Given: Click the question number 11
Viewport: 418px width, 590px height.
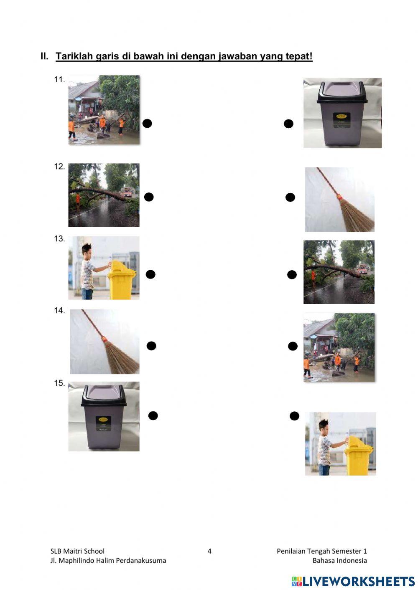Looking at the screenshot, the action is [x=59, y=80].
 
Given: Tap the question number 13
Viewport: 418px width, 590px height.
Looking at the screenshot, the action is [x=59, y=239].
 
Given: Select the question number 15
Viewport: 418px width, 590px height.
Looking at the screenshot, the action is [x=59, y=383].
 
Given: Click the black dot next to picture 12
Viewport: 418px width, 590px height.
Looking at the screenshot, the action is [x=149, y=197].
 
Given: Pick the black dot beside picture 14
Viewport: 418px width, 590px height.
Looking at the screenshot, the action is [x=151, y=346].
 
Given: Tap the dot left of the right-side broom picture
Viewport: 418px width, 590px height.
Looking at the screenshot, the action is [x=290, y=197].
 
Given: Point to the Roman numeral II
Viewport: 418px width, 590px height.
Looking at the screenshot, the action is [x=45, y=56].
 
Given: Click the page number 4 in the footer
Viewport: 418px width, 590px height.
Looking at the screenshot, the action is [x=209, y=551].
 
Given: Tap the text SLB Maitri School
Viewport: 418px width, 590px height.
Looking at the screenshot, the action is [x=77, y=551].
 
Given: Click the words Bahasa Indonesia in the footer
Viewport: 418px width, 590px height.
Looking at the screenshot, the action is [x=340, y=560].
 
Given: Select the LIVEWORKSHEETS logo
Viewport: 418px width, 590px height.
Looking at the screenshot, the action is [x=353, y=581].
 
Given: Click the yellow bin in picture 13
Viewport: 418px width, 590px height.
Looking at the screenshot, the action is [x=121, y=280].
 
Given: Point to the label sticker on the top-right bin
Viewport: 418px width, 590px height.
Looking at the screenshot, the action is [x=342, y=120].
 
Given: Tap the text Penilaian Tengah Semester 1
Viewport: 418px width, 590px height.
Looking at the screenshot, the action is [x=322, y=551].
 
